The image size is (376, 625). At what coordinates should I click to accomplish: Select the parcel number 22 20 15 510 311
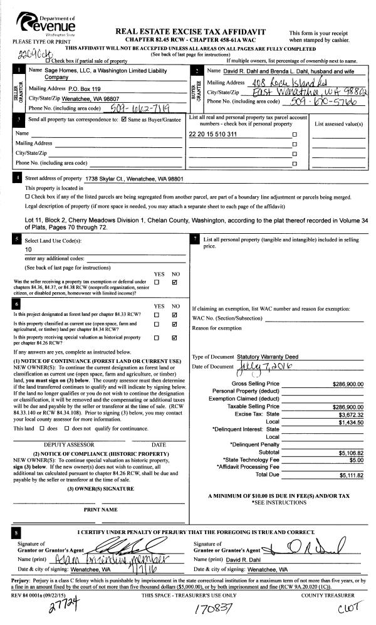213,134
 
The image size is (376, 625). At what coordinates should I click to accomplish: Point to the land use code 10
28,249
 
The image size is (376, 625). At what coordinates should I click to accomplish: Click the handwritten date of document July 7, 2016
260,366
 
